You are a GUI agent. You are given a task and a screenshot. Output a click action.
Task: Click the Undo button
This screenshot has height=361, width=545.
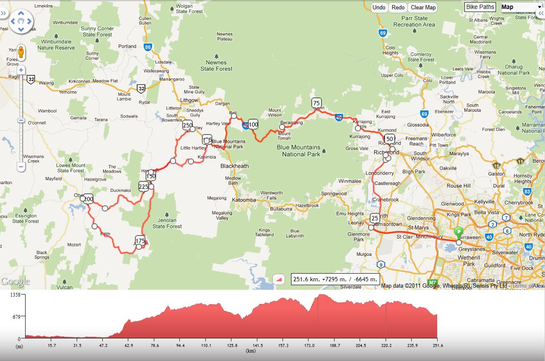[x=379, y=8]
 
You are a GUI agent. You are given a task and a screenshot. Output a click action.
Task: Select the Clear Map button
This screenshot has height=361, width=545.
[x=423, y=8]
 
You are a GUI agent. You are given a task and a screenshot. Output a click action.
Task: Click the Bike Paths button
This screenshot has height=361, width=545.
[x=480, y=7]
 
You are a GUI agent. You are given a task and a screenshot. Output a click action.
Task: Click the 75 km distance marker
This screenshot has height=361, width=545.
[x=316, y=103]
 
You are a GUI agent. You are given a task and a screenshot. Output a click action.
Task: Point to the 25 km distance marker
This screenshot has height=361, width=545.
[x=375, y=218]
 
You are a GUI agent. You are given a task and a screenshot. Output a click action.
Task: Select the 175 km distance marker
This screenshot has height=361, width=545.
[x=140, y=241]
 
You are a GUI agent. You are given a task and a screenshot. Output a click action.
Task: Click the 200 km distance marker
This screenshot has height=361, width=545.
[x=88, y=199]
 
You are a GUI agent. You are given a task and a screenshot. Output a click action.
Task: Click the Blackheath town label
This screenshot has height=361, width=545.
[x=234, y=166]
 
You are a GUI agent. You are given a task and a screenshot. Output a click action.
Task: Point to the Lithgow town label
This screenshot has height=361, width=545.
[x=190, y=100]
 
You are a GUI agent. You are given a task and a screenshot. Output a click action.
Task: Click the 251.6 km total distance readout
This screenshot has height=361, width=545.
[x=335, y=279]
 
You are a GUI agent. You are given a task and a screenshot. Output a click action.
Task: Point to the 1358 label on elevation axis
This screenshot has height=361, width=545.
[x=15, y=295]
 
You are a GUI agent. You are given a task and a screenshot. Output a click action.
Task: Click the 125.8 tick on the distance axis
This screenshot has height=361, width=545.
[x=232, y=346]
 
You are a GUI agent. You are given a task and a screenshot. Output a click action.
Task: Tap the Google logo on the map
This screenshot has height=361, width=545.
[x=15, y=282]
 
